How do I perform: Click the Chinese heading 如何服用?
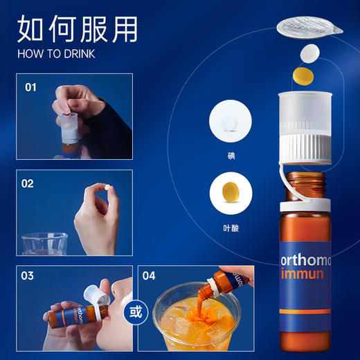(78, 30)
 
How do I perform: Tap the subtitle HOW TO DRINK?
(56, 53)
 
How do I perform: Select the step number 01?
(30, 88)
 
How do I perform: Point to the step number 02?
(28, 184)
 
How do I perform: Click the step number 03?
(28, 276)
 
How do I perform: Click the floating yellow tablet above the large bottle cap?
(303, 73)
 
